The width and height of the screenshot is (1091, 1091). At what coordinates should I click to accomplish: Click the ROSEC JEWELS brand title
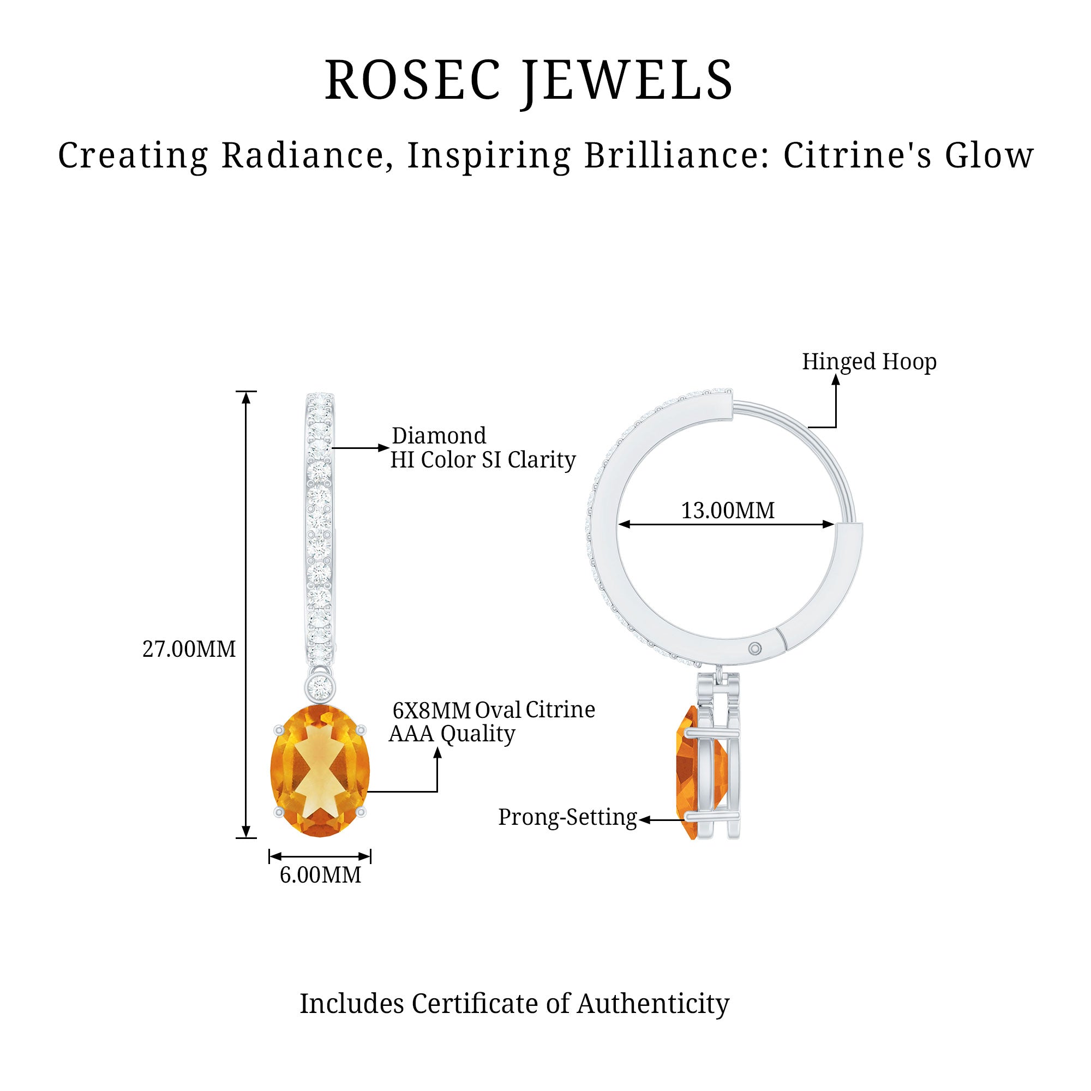pyautogui.click(x=529, y=80)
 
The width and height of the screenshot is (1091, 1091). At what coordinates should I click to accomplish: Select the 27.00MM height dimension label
pyautogui.click(x=189, y=649)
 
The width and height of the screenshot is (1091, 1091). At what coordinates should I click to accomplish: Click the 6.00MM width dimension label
pyautogui.click(x=320, y=876)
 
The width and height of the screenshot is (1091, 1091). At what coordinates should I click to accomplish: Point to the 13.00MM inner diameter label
pyautogui.click(x=727, y=511)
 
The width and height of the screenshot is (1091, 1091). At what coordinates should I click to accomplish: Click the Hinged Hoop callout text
pyautogui.click(x=869, y=362)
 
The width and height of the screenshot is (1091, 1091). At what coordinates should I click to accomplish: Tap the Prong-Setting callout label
pyautogui.click(x=567, y=817)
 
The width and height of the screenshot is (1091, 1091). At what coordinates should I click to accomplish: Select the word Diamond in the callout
pyautogui.click(x=439, y=436)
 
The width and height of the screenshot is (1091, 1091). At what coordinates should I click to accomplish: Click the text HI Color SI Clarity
pyautogui.click(x=483, y=460)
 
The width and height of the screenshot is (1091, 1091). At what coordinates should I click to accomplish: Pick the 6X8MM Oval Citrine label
pyautogui.click(x=494, y=710)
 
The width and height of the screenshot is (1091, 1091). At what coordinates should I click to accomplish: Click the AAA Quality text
pyautogui.click(x=452, y=734)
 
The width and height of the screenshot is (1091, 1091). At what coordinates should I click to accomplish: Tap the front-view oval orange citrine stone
pyautogui.click(x=320, y=770)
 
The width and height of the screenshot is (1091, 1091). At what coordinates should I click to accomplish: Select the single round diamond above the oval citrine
pyautogui.click(x=320, y=687)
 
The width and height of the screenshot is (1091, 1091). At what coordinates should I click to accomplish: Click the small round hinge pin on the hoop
pyautogui.click(x=755, y=649)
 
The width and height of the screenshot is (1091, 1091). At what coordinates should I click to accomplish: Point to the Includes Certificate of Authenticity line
pyautogui.click(x=514, y=1004)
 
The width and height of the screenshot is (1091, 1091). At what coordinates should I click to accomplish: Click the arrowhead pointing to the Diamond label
pyautogui.click(x=384, y=448)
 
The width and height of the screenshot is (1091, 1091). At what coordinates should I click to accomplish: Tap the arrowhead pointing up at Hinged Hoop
pyautogui.click(x=836, y=380)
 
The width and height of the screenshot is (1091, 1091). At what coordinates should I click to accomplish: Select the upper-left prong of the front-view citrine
pyautogui.click(x=278, y=729)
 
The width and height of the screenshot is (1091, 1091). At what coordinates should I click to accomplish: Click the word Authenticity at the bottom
pyautogui.click(x=653, y=1004)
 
